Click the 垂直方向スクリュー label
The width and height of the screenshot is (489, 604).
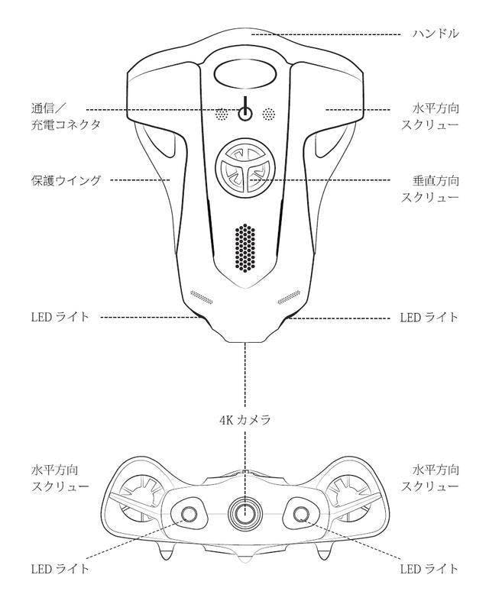431,189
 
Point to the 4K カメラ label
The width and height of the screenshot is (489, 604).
244,419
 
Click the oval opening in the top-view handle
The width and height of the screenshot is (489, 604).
244,75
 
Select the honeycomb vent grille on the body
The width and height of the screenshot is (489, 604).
244,249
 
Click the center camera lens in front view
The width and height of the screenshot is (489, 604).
244,512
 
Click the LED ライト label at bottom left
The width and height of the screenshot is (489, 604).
60,569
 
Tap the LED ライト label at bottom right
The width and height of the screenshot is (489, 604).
429,569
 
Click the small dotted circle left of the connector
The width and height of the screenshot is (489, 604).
222,115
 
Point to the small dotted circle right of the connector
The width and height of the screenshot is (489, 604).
268,115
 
